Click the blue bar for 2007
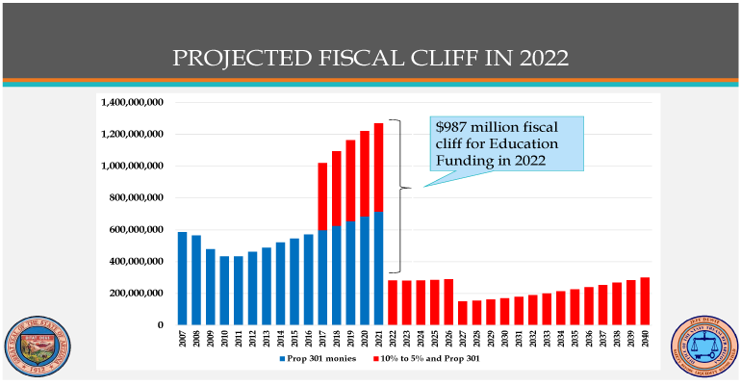click(182, 278)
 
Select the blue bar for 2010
click(224, 291)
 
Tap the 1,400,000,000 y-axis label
click(131, 102)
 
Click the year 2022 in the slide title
click(542, 59)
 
